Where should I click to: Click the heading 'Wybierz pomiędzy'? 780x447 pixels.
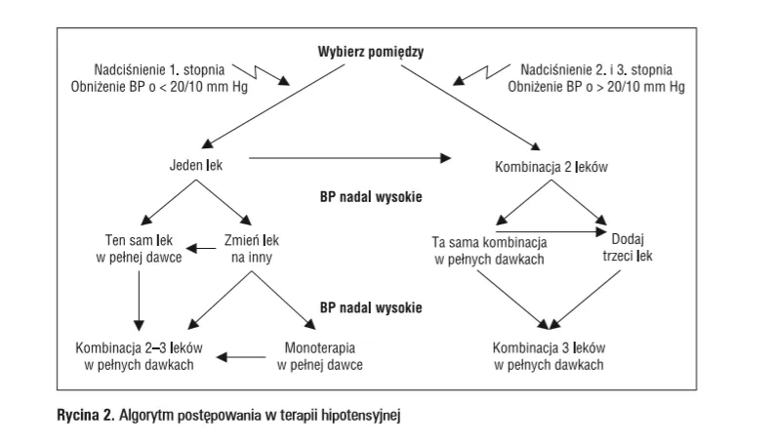click(x=370, y=52)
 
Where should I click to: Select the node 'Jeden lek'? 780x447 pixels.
click(x=196, y=166)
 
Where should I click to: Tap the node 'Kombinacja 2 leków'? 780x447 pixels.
click(x=553, y=166)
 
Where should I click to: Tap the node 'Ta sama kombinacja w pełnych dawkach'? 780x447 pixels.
click(x=490, y=249)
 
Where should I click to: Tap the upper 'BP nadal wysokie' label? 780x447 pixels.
click(x=370, y=196)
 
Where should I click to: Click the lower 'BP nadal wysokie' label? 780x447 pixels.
click(x=370, y=307)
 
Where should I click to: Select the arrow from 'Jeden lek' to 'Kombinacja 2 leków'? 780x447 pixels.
click(x=351, y=157)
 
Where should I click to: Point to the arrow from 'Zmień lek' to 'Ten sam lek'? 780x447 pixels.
click(x=203, y=249)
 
